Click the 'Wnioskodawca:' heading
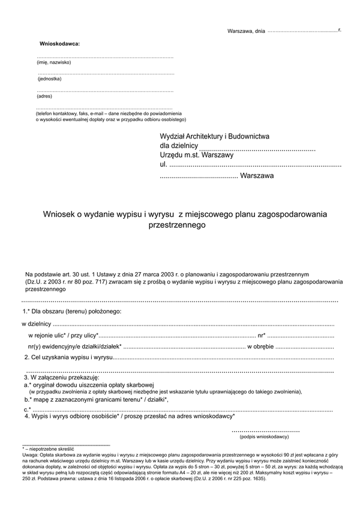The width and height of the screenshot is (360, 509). [x=59, y=44]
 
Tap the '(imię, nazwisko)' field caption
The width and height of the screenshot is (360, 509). [x=54, y=62]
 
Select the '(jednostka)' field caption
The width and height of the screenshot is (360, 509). [x=49, y=79]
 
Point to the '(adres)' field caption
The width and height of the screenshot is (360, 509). [x=44, y=96]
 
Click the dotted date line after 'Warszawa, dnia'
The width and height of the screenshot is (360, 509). [x=302, y=30]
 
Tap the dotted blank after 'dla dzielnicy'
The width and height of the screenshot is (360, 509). [x=257, y=147]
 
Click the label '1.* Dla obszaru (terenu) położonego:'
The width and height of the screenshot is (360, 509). [x=72, y=311]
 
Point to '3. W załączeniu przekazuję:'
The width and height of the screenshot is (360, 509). [x=61, y=378]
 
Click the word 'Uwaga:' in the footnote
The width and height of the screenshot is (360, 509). [x=31, y=456]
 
